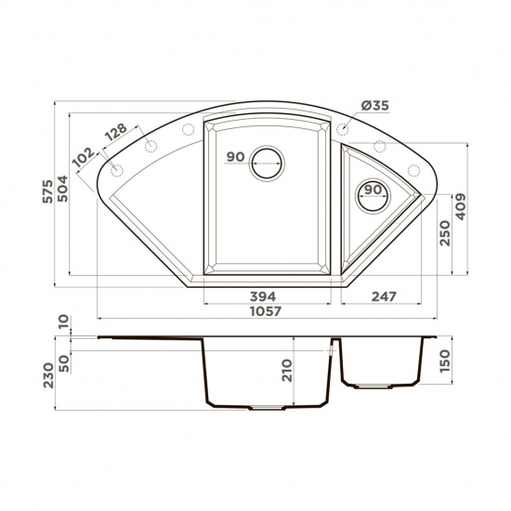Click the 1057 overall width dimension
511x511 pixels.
[x=266, y=311]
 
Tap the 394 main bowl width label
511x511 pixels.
[x=263, y=296]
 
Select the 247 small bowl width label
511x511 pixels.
[x=384, y=296]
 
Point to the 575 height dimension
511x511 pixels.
[x=48, y=191]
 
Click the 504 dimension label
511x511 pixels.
[x=62, y=189]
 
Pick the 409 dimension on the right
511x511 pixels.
[x=461, y=206]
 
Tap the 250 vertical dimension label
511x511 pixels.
[x=445, y=233]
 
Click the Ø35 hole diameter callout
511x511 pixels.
[x=375, y=106]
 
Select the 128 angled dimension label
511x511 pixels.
[x=117, y=132]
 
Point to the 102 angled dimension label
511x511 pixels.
[x=84, y=158]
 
